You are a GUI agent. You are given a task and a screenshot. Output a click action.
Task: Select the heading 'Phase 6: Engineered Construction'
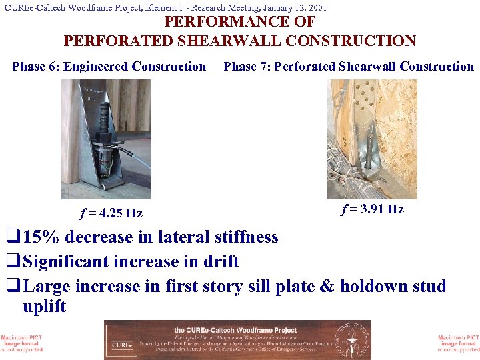point(109,67)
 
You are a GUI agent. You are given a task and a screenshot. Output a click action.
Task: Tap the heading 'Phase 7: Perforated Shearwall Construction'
point(349,67)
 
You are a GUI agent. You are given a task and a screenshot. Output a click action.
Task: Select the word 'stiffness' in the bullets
point(246,237)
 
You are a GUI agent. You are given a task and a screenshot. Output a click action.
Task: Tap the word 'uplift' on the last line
point(45,307)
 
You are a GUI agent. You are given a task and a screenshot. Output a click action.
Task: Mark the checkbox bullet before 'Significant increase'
point(11,262)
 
